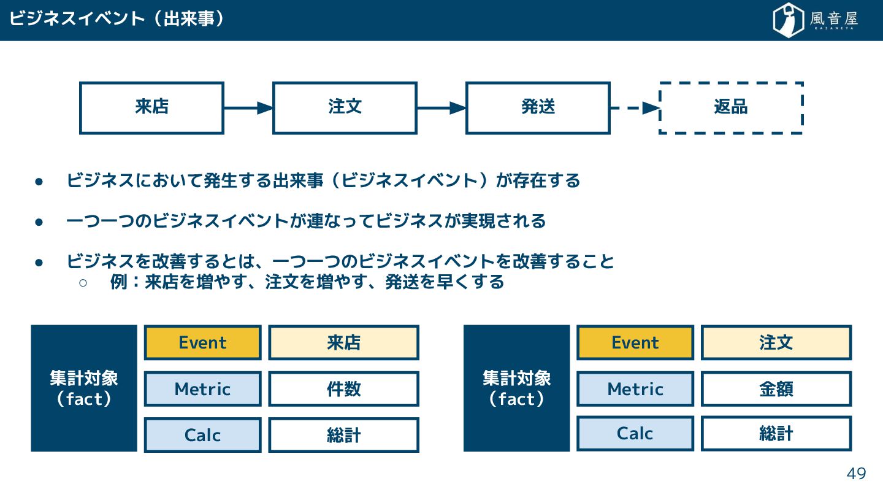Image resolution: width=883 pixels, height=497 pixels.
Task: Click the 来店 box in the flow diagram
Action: pos(151,108)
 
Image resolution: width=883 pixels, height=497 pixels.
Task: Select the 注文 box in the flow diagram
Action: pos(345,108)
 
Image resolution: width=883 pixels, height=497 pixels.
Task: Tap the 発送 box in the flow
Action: pos(538,108)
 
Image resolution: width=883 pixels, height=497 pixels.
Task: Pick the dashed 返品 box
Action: pos(731,108)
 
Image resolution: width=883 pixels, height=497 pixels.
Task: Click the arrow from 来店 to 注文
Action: pos(248,108)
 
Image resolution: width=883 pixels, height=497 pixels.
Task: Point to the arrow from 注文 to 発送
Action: pos(441,108)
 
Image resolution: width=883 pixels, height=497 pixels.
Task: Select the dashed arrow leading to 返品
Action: pos(634,108)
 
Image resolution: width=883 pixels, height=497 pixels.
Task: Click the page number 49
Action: pos(856,474)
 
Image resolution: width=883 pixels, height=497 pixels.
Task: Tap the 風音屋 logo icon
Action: pos(788,20)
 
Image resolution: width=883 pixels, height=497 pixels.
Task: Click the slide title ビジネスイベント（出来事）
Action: pos(117,19)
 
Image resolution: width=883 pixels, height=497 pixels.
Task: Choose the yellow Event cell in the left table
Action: pos(202,342)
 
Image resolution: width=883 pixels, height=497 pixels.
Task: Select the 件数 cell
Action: pos(343,389)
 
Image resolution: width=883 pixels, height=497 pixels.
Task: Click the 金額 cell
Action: pos(776,389)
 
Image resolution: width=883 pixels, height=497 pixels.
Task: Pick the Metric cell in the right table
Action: pos(635,389)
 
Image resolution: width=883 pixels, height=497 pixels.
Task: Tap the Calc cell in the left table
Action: pos(202,435)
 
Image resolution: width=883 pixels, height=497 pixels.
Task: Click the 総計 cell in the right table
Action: pos(776,434)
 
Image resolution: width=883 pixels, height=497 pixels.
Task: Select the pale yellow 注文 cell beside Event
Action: pos(776,342)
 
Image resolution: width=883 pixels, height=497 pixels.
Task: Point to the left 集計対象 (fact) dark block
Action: pos(84,388)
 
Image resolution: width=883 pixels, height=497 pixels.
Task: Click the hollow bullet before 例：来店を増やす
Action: pos(83,282)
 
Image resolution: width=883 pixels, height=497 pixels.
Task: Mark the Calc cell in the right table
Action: pos(635,434)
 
